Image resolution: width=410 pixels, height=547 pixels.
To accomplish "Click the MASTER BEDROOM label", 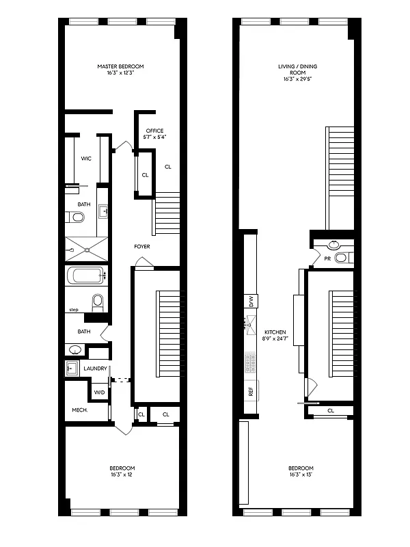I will coord(120,66).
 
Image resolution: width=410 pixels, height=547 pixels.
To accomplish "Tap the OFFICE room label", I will coord(156,130).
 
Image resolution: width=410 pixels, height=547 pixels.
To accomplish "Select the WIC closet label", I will coord(86,159).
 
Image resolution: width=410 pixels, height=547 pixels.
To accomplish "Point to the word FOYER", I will coord(142,246).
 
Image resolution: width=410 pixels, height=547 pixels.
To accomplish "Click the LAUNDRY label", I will coord(95,369).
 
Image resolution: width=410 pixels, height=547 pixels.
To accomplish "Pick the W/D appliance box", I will coord(99,392).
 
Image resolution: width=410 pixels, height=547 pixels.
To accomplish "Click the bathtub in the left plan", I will coord(85,277).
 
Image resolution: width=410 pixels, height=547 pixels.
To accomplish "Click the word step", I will coord(74,310).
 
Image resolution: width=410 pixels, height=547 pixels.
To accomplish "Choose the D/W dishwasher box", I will coord(251,300).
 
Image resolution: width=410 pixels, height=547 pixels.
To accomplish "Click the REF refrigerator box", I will coord(251,392).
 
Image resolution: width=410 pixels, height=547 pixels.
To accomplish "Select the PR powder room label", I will coord(327,259).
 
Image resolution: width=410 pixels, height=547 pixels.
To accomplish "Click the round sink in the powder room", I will coord(335,244).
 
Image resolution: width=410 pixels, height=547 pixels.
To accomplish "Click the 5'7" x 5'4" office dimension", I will coord(156,137).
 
